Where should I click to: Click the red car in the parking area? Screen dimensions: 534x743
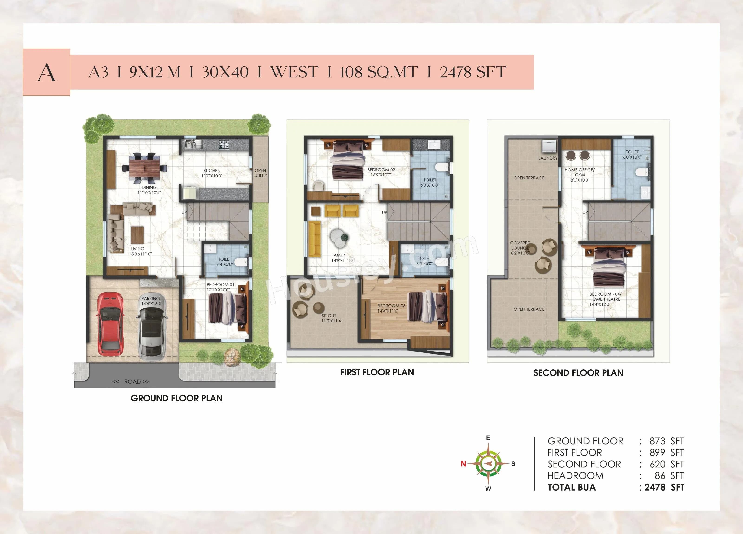click(110, 323)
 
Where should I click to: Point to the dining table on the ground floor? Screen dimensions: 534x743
click(144, 168)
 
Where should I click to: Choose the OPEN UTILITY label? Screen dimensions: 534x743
click(261, 173)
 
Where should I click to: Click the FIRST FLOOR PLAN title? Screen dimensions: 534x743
click(377, 372)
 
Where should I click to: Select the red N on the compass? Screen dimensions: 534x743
click(463, 464)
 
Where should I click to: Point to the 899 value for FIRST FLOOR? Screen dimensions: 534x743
click(657, 453)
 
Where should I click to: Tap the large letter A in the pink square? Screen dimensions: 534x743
click(46, 72)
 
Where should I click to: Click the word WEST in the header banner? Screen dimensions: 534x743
click(294, 72)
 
